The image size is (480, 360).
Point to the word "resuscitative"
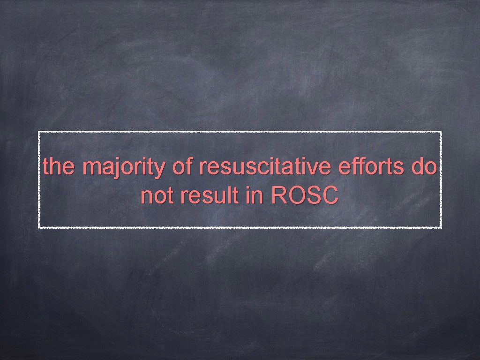(x=264, y=167)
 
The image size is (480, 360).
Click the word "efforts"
(x=370, y=167)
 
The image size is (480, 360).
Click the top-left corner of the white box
(x=39, y=132)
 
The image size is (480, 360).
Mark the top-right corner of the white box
(x=441, y=132)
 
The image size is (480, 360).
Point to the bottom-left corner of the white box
(x=39, y=227)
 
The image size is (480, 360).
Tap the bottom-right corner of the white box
(x=441, y=227)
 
